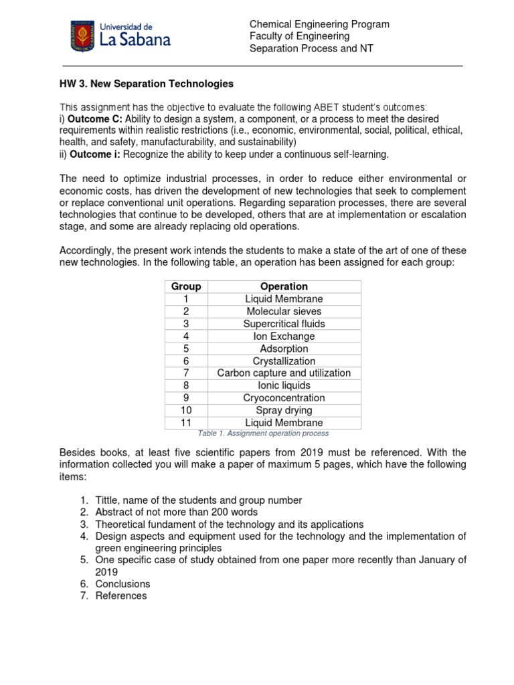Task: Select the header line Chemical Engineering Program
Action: tap(319, 24)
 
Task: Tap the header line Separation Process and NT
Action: tap(311, 48)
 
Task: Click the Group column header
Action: tap(186, 286)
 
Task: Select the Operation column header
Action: tap(284, 286)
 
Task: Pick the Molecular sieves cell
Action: tap(284, 311)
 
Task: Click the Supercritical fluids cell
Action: tap(284, 324)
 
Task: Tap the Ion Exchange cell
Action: tap(284, 336)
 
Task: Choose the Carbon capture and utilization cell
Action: tap(284, 373)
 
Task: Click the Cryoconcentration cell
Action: tap(284, 398)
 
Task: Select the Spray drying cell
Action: tap(284, 410)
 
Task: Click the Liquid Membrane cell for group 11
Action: tap(284, 423)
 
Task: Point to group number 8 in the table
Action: tap(186, 386)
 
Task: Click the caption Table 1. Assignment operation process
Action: tap(262, 433)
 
